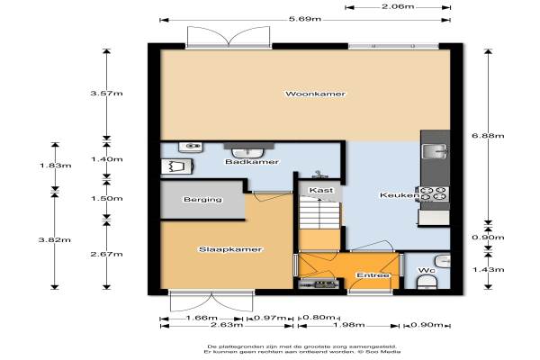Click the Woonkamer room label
click(315, 94)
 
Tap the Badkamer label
click(252, 162)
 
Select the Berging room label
click(202, 199)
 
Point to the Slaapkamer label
click(230, 249)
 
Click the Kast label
click(321, 190)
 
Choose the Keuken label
click(400, 195)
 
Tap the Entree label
click(373, 275)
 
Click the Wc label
click(427, 270)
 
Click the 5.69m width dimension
click(305, 19)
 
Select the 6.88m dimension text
click(488, 135)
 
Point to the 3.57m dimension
click(106, 93)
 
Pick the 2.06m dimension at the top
click(398, 6)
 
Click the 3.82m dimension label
click(55, 239)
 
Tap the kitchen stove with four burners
click(433, 193)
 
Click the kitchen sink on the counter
click(436, 151)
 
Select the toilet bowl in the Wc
click(427, 283)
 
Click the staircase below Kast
click(319, 213)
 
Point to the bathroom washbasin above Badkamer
click(248, 153)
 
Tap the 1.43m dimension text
click(488, 269)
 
